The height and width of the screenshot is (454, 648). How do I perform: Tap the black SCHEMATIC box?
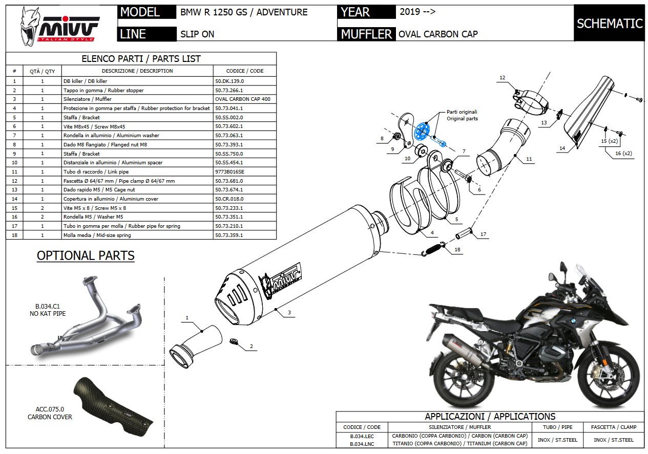(609, 24)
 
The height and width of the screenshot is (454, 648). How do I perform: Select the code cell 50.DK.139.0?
(229, 81)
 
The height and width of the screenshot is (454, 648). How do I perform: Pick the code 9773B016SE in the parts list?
(230, 172)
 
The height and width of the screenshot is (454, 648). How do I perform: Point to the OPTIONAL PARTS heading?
(86, 255)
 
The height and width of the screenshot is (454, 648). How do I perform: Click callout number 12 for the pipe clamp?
(502, 78)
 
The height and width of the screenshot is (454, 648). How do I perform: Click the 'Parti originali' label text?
(462, 112)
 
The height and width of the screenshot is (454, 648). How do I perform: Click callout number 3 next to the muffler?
(289, 312)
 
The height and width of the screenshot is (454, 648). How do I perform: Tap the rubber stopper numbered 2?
(234, 341)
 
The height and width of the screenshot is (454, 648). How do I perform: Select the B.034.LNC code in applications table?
(362, 444)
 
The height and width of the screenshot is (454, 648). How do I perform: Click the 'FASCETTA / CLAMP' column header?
(613, 427)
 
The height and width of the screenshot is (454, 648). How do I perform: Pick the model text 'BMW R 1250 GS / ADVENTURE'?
(244, 12)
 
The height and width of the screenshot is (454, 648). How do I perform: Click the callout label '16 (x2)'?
(623, 153)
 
